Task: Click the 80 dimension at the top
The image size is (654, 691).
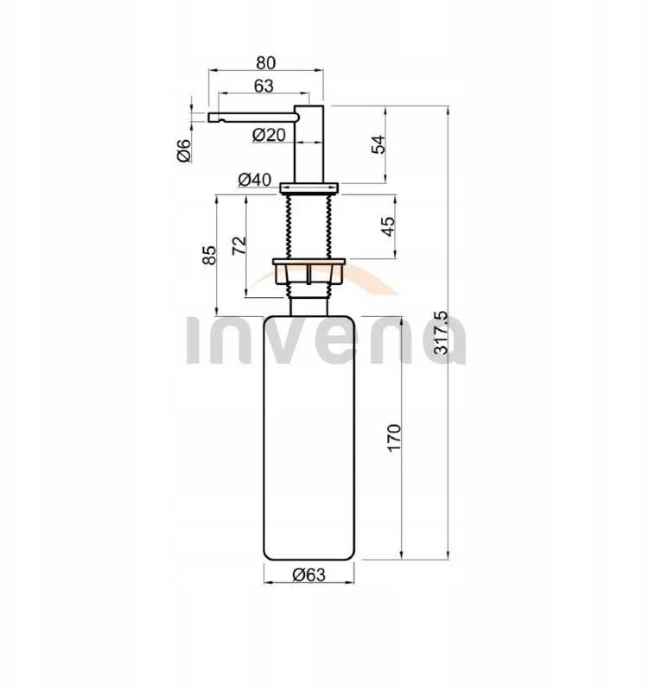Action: [266, 63]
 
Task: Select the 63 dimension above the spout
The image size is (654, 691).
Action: [264, 86]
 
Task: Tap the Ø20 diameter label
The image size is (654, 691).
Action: [269, 135]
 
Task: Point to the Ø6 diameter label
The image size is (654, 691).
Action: [184, 149]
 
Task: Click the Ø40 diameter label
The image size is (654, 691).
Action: [254, 180]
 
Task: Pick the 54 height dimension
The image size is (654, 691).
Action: [378, 144]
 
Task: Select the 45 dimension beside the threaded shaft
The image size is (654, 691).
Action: [388, 226]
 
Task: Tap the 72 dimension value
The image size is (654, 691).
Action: [239, 245]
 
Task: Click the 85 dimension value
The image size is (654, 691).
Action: [209, 255]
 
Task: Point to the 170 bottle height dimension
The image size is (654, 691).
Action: [394, 437]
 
